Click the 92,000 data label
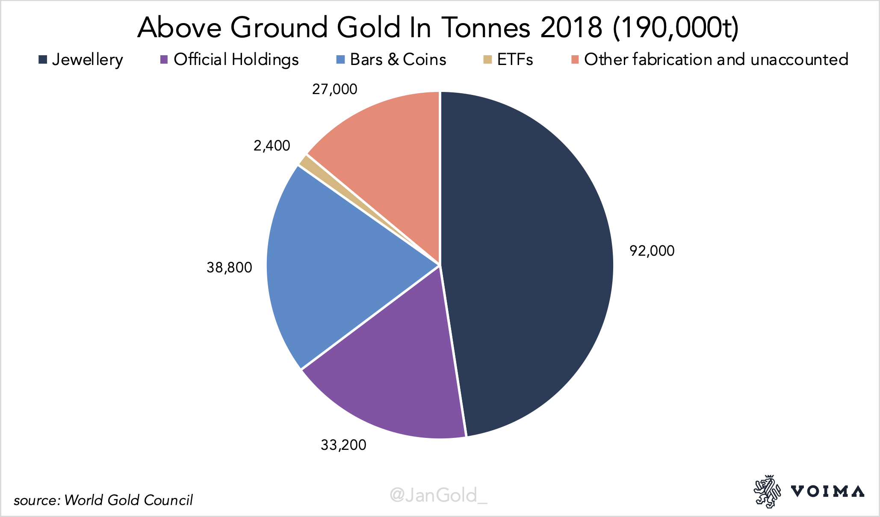(652, 251)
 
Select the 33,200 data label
(343, 445)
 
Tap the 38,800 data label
(229, 268)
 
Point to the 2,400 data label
(272, 146)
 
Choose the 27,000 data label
(334, 89)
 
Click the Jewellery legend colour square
(42, 59)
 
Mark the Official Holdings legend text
(236, 60)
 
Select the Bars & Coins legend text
(398, 59)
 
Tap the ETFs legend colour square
(487, 59)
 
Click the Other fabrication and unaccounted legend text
(716, 59)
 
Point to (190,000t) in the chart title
(675, 28)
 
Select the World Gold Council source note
(103, 500)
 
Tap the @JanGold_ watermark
(439, 496)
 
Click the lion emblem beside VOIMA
(767, 491)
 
